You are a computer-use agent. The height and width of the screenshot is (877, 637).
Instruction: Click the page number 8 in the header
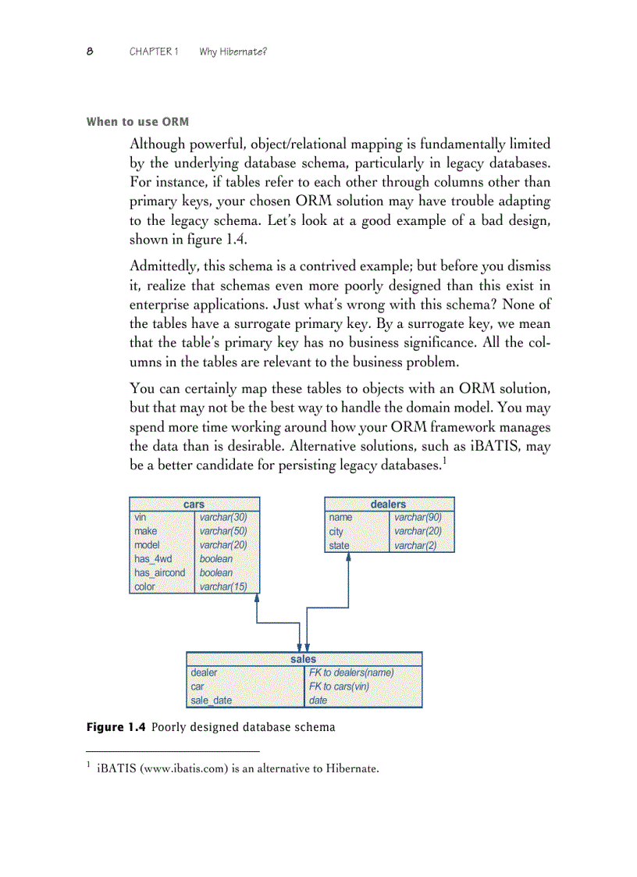pos(90,52)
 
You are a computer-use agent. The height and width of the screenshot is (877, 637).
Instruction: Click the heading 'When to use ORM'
pos(137,122)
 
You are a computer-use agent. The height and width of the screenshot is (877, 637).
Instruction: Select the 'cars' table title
pos(194,504)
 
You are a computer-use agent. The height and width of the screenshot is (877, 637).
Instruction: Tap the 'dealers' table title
pos(388,504)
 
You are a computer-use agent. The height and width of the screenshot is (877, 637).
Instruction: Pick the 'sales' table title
pos(304,659)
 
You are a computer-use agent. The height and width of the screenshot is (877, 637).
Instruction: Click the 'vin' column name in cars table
pos(141,517)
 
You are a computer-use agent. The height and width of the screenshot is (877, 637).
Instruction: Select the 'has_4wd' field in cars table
pos(153,559)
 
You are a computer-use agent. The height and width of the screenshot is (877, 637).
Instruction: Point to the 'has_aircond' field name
pos(159,572)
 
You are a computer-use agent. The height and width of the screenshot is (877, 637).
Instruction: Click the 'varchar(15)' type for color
pos(223,586)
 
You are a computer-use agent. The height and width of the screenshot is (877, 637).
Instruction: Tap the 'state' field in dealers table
pos(339,545)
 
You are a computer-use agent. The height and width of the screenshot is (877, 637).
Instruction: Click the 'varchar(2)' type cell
pos(415,545)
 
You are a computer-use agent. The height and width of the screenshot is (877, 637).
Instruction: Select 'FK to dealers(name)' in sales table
pos(351,672)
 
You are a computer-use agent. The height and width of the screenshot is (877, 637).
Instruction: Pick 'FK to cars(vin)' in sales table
pos(339,686)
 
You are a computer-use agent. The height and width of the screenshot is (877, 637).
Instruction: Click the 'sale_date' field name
pos(211,701)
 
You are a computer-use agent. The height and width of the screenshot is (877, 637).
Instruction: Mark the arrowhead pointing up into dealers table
pos(349,558)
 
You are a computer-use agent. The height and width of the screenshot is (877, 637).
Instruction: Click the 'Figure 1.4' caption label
pos(116,727)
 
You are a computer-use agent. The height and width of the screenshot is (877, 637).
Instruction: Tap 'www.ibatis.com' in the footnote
pos(170,769)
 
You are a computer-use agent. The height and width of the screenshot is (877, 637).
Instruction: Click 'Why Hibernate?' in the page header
pos(233,52)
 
